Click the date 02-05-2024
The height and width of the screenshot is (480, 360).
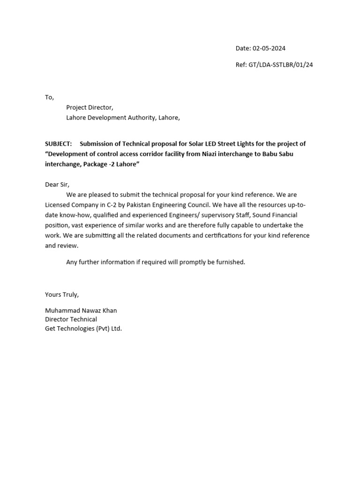(x=269, y=48)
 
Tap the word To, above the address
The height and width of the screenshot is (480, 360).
(x=49, y=97)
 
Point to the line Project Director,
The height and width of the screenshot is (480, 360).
(x=90, y=107)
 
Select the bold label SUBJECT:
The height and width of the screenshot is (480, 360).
(x=58, y=144)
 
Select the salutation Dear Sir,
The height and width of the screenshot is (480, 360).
(x=57, y=185)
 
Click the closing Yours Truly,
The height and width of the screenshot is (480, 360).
(x=62, y=294)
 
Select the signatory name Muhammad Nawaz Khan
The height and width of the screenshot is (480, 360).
(x=81, y=310)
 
